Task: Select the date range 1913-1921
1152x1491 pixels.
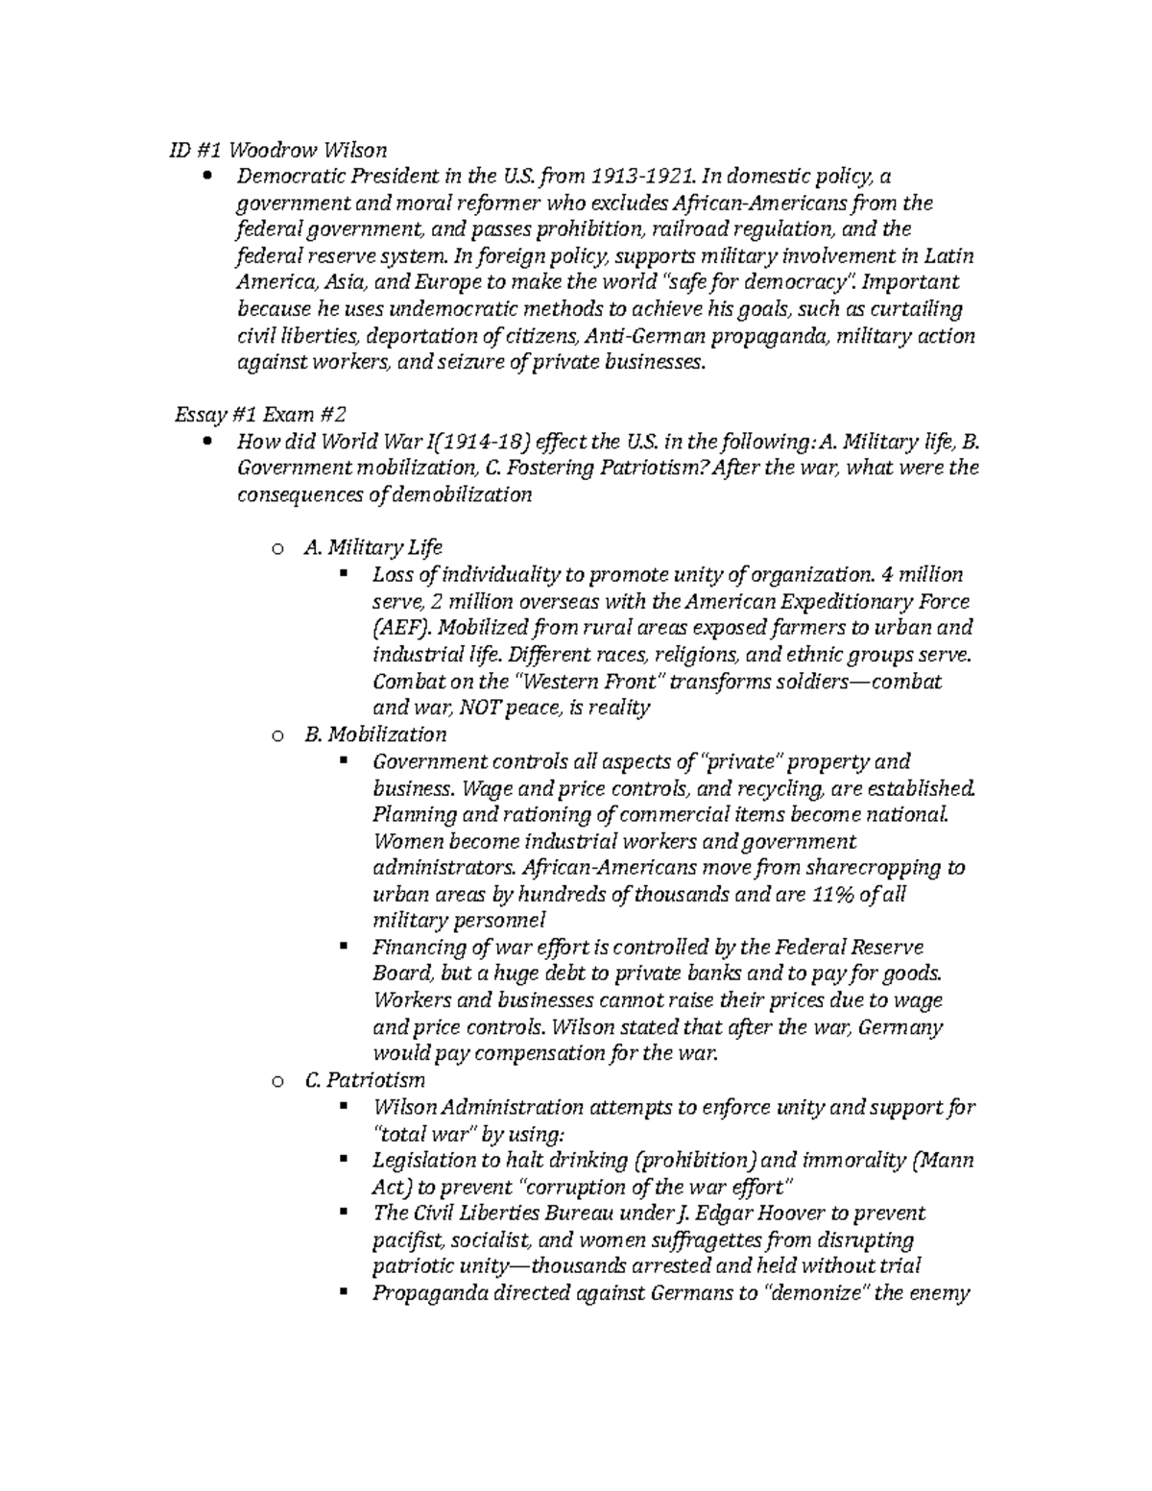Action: point(641,177)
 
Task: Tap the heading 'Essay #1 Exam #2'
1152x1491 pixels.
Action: point(259,415)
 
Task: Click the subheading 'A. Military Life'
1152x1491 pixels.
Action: point(372,547)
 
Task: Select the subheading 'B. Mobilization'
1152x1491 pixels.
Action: point(374,734)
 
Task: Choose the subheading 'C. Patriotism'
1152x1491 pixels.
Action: point(364,1080)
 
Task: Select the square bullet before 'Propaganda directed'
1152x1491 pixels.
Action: point(343,1292)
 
